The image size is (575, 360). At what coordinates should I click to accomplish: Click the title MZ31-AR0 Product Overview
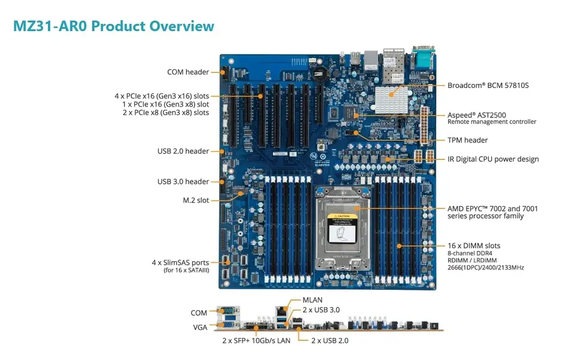[x=114, y=26]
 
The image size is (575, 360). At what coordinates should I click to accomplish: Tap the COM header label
[x=187, y=72]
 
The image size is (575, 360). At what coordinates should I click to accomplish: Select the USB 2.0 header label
[x=183, y=151]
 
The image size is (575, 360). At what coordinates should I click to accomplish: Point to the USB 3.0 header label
[x=183, y=181]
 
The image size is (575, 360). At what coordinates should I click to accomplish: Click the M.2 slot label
[x=196, y=200]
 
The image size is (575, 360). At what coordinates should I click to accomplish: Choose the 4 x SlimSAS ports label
[x=180, y=262]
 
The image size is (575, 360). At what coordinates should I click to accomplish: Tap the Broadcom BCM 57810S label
[x=488, y=86]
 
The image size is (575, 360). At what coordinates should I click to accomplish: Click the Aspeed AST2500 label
[x=477, y=115]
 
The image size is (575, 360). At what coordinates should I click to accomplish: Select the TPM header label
[x=468, y=140]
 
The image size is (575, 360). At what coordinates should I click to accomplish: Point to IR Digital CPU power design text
[x=493, y=159]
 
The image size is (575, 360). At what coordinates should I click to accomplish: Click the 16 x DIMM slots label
[x=474, y=246]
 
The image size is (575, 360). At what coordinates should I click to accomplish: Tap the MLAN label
[x=313, y=300]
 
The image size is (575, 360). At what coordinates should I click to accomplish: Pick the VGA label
[x=200, y=328]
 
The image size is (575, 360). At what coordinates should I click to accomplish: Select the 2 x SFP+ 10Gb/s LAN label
[x=256, y=341]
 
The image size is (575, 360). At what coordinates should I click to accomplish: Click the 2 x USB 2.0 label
[x=329, y=341]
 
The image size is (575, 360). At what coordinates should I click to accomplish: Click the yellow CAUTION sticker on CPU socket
[x=342, y=216]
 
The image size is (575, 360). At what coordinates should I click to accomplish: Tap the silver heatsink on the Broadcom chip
[x=391, y=99]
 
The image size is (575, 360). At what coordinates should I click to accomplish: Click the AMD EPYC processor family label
[x=492, y=212]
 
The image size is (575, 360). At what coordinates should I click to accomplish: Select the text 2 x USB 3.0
[x=321, y=310]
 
